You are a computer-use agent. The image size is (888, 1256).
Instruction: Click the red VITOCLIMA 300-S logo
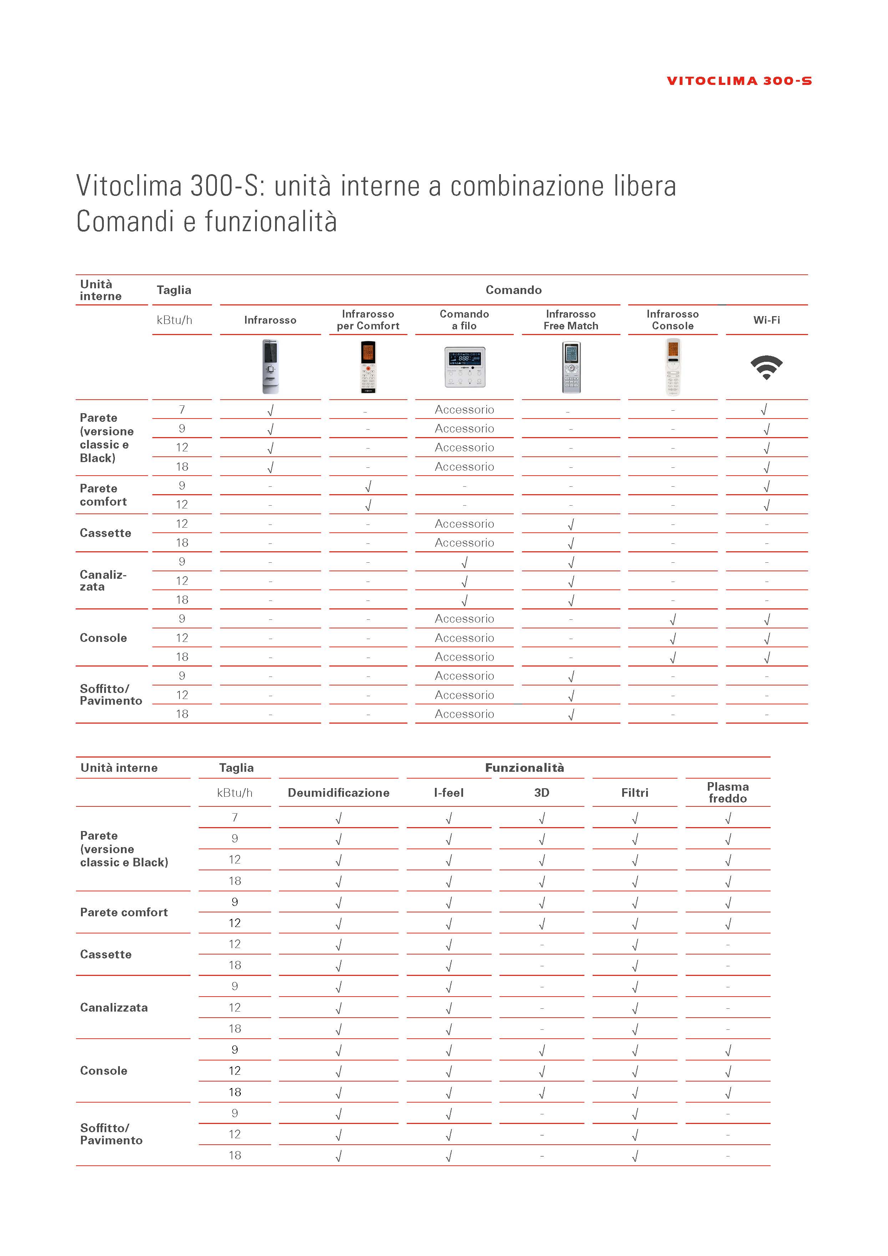pyautogui.click(x=739, y=81)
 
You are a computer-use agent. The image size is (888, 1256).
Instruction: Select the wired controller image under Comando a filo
pyautogui.click(x=464, y=366)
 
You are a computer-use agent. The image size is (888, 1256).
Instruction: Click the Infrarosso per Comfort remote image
pyautogui.click(x=368, y=366)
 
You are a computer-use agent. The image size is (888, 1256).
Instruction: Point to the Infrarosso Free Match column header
pyautogui.click(x=570, y=320)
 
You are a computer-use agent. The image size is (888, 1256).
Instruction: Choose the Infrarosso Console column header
pyautogui.click(x=672, y=320)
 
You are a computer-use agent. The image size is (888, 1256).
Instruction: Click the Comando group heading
pyautogui.click(x=513, y=290)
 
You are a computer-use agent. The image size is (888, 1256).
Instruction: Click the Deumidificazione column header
pyautogui.click(x=339, y=792)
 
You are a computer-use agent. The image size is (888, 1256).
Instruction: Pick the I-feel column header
pyautogui.click(x=448, y=792)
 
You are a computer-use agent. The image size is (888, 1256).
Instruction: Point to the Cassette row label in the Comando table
pyautogui.click(x=106, y=533)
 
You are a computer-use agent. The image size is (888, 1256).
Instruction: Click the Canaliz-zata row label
pyautogui.click(x=103, y=581)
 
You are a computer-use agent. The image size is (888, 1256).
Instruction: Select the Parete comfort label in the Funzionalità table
pyautogui.click(x=123, y=912)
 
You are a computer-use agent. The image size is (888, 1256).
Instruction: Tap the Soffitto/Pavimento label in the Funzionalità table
pyautogui.click(x=111, y=1134)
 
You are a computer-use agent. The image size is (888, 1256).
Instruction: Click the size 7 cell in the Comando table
pyautogui.click(x=182, y=410)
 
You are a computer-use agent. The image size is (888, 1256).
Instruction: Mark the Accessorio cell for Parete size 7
pyautogui.click(x=464, y=410)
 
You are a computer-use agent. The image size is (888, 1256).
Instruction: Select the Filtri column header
pyautogui.click(x=634, y=792)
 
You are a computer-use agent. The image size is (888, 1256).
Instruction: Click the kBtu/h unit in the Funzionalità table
pyautogui.click(x=235, y=792)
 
